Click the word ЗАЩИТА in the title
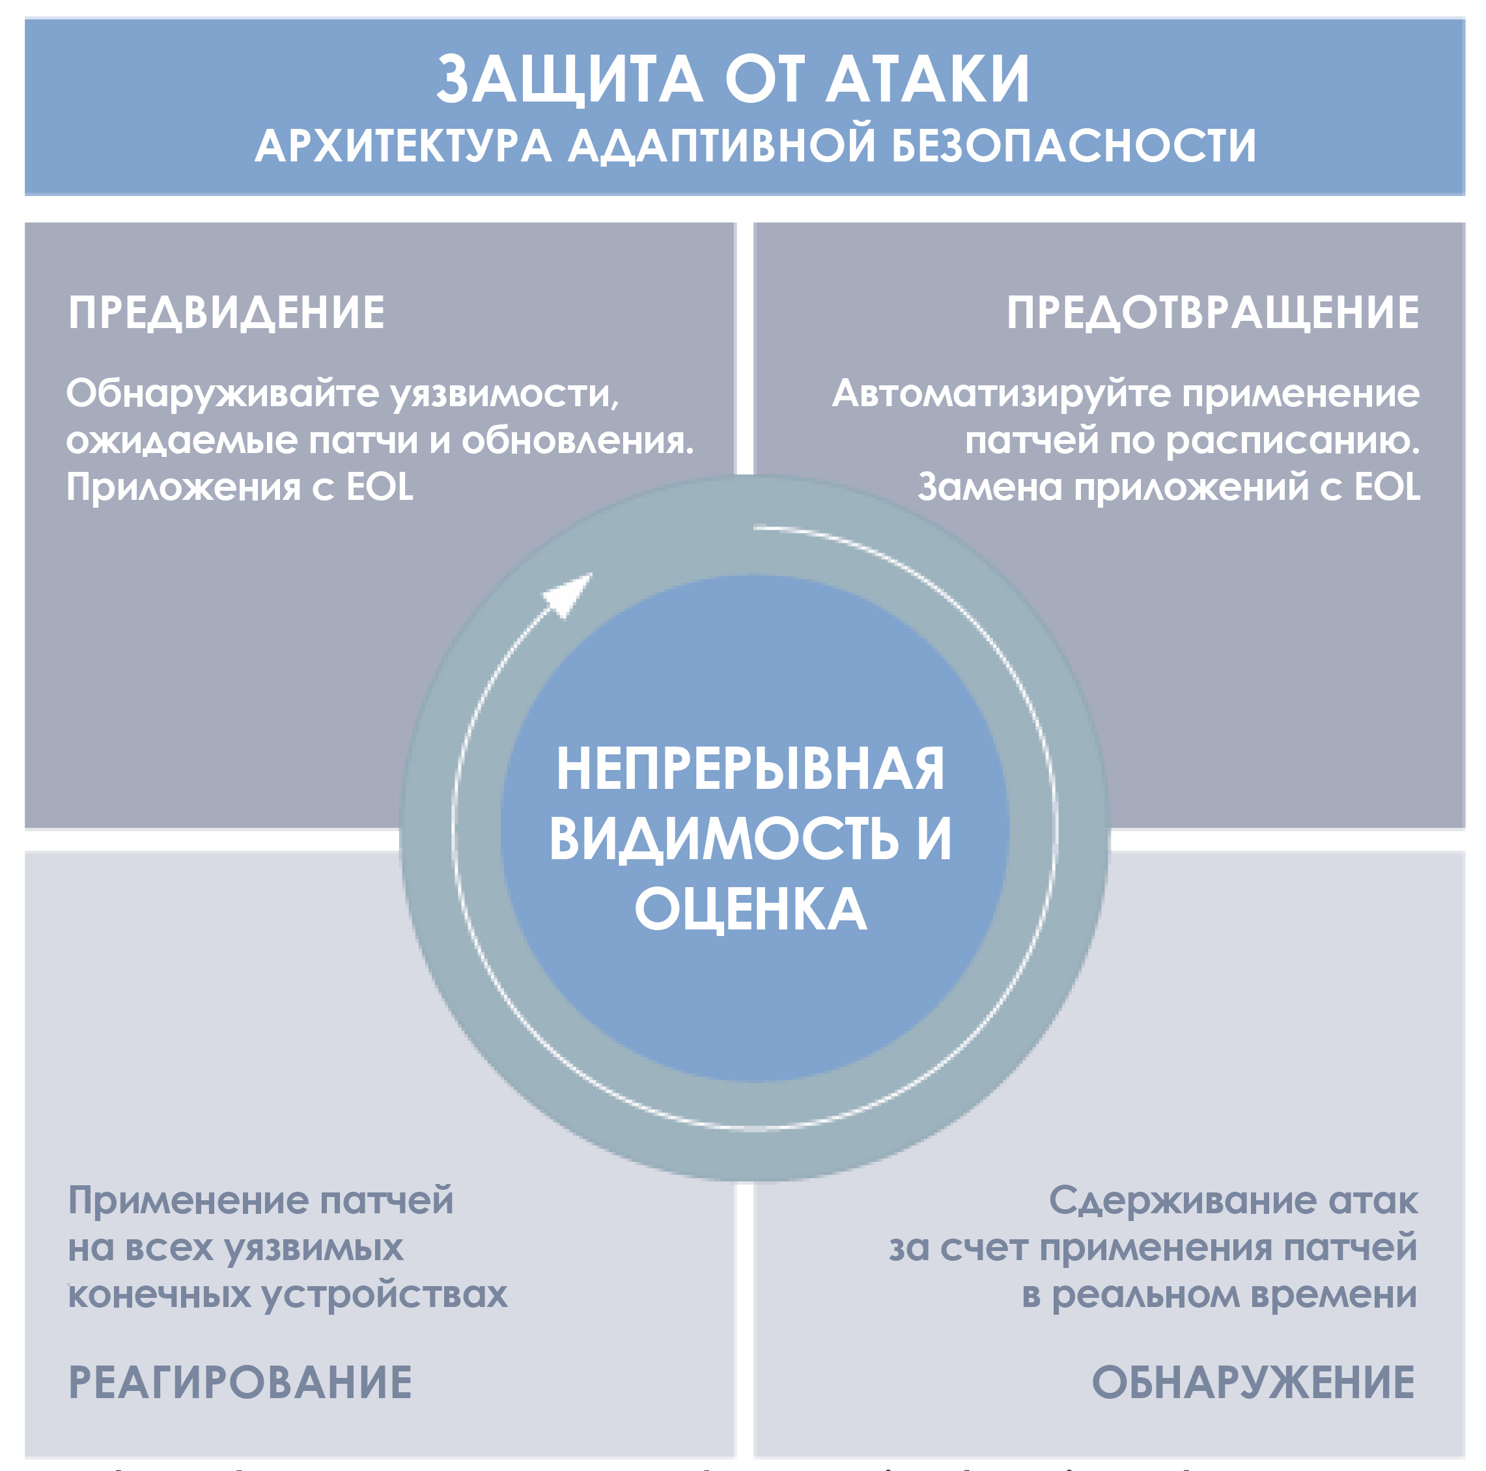570,79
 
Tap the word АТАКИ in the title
927,79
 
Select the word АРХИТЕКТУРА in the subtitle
403,146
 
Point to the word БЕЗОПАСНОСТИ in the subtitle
1074,146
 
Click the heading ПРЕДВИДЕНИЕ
226,313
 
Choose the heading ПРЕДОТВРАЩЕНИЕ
1213,313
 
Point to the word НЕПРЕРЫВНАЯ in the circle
750,768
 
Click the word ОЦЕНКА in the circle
750,908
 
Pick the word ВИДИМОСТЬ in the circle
723,838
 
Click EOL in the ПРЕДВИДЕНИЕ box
379,487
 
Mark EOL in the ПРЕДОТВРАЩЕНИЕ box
1387,487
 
